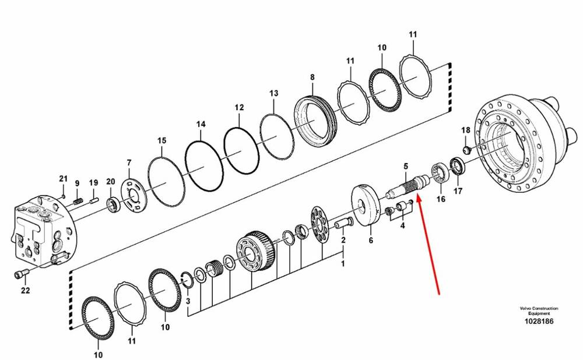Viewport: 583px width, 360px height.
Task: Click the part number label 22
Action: pyautogui.click(x=25, y=290)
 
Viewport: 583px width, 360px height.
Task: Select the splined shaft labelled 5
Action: pyautogui.click(x=408, y=185)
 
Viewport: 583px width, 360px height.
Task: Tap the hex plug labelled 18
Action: pyautogui.click(x=467, y=150)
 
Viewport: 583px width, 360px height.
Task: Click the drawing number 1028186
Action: pyautogui.click(x=539, y=322)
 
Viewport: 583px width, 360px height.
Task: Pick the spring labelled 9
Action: pyautogui.click(x=78, y=200)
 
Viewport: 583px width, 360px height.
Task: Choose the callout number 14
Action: pyautogui.click(x=201, y=124)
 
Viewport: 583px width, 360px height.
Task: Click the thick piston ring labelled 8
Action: pyautogui.click(x=315, y=121)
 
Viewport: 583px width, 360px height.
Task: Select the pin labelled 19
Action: pyautogui.click(x=93, y=201)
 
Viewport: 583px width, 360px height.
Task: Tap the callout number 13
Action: pyautogui.click(x=273, y=93)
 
